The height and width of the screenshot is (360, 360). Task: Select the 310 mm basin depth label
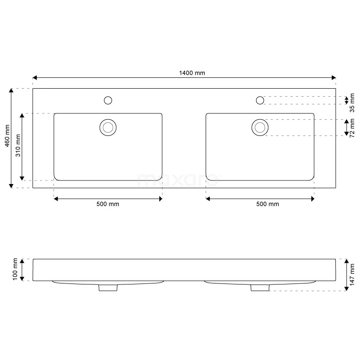point(18,146)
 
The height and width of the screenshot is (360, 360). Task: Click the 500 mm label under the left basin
point(108,204)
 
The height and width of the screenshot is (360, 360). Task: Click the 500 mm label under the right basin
point(267,204)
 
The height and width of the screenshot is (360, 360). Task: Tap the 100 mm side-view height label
point(15,270)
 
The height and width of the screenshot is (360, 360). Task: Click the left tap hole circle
point(108,100)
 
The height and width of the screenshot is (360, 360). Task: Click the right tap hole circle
point(260,100)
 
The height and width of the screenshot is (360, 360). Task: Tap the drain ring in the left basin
point(108,127)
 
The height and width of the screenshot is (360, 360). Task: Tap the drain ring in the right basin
point(260,127)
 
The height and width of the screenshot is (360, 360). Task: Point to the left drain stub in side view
point(107,288)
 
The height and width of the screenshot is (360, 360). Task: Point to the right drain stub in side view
point(260,288)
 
